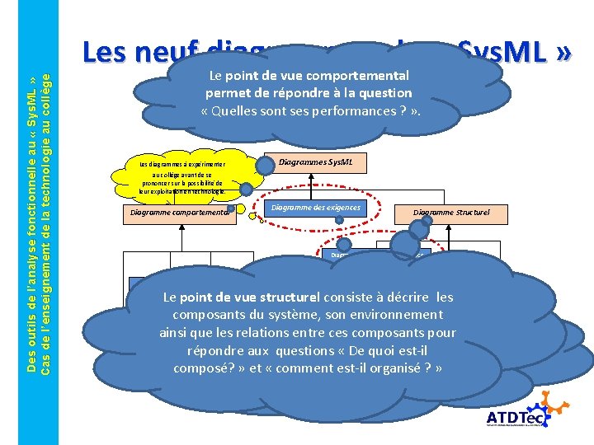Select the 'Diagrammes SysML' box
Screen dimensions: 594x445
(x=316, y=162)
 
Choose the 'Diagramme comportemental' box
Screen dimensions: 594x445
(x=177, y=213)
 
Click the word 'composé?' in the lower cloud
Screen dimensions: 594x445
(x=202, y=368)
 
